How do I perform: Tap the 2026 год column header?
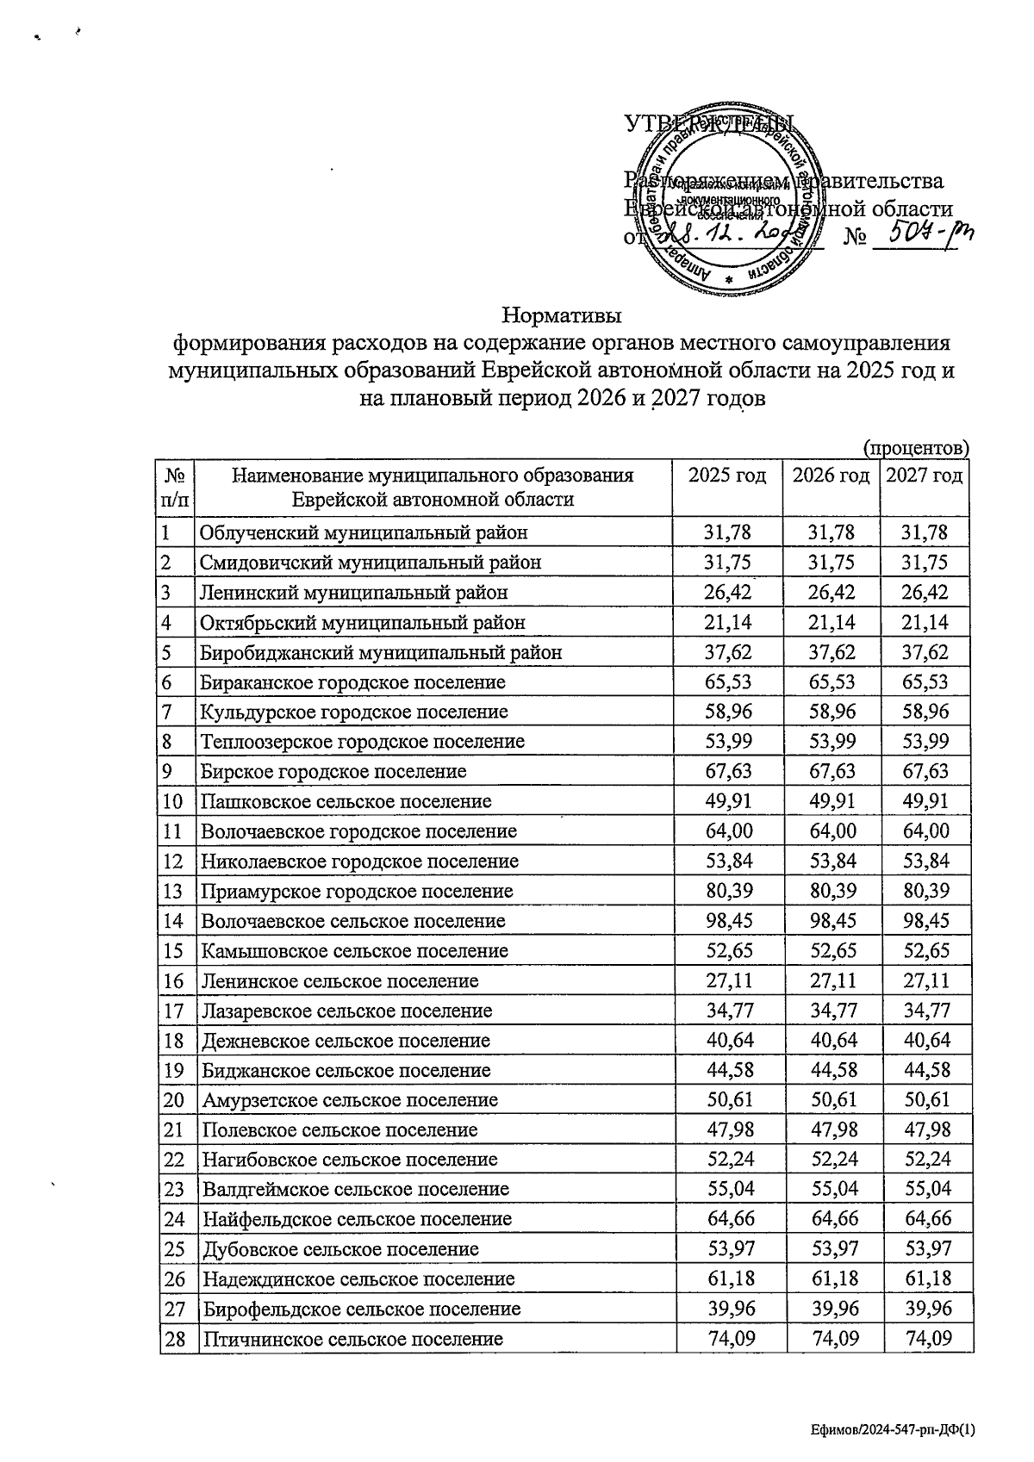coord(831,476)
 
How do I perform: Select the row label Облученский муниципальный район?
coord(364,533)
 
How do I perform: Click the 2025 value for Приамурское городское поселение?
coord(728,892)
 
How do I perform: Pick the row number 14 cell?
coord(174,921)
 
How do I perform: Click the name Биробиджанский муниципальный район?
coord(381,653)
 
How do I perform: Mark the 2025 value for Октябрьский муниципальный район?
coord(728,623)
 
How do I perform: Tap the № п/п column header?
coord(175,488)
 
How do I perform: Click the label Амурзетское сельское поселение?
coord(350,1101)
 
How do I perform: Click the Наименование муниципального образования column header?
coord(433,488)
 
